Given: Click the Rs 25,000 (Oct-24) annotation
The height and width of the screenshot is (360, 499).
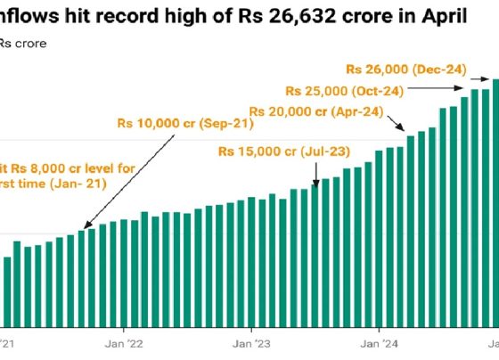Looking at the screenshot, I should (x=342, y=90).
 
